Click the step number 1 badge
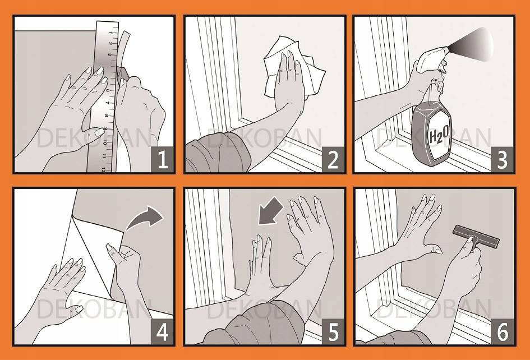click(x=162, y=160)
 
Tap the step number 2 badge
click(x=333, y=160)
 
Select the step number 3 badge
click(x=503, y=160)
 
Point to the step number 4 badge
click(x=162, y=331)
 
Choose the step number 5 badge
click(x=333, y=331)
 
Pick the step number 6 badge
click(x=503, y=331)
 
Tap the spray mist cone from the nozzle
click(x=472, y=45)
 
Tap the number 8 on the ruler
click(x=107, y=116)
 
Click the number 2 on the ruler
click(x=110, y=43)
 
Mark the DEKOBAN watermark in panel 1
click(x=94, y=138)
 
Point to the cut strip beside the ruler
click(x=122, y=50)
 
